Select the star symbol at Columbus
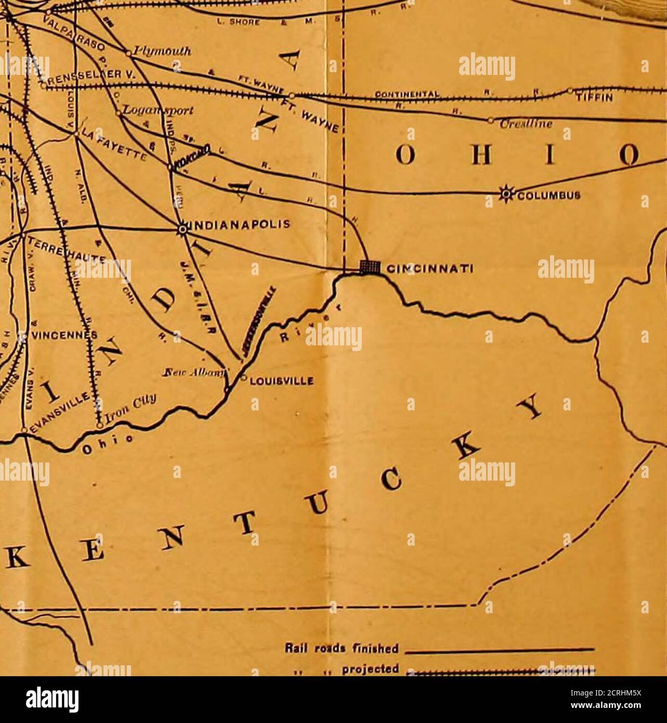coord(504,190)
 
